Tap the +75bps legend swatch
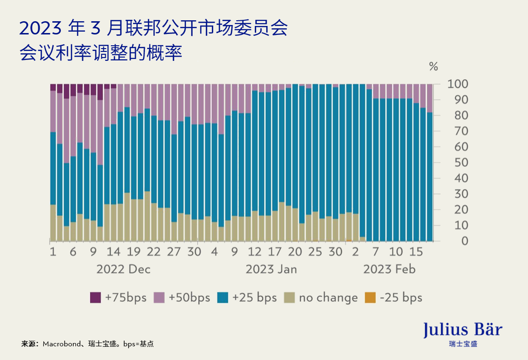[x=95, y=298]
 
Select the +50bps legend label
[x=189, y=298]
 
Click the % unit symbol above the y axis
[x=433, y=67]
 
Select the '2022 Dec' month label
[x=124, y=269]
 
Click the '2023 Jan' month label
[x=271, y=269]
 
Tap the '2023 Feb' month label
[x=389, y=269]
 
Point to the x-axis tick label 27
[x=174, y=252]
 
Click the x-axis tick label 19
[x=134, y=252]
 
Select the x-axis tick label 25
[x=315, y=252]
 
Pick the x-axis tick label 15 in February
[x=416, y=252]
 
